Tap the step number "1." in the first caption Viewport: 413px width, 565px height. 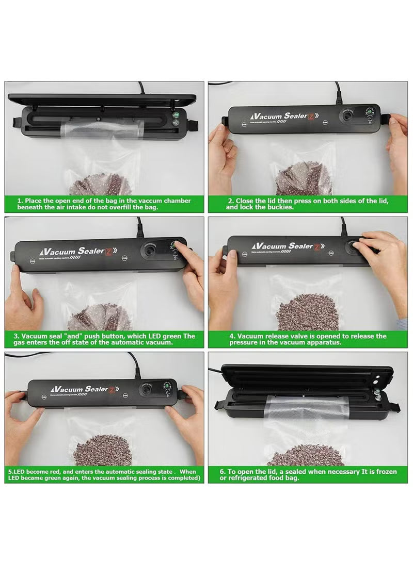click(20, 201)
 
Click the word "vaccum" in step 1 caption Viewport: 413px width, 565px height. click(147, 201)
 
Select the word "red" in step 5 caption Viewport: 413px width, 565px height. click(53, 471)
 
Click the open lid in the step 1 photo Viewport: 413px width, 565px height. click(103, 98)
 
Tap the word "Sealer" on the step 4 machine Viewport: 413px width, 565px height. click(299, 246)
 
